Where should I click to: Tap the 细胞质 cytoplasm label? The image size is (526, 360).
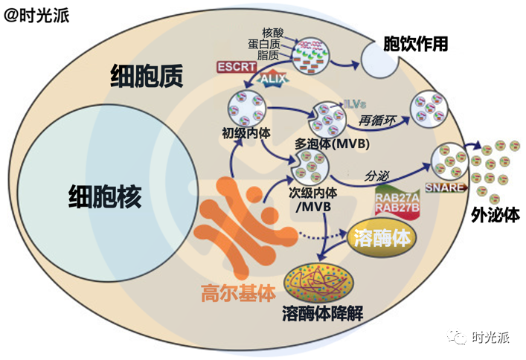147,76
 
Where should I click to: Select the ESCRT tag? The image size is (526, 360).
237,67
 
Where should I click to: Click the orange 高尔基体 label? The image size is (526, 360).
234,292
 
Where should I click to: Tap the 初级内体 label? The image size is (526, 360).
245,134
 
